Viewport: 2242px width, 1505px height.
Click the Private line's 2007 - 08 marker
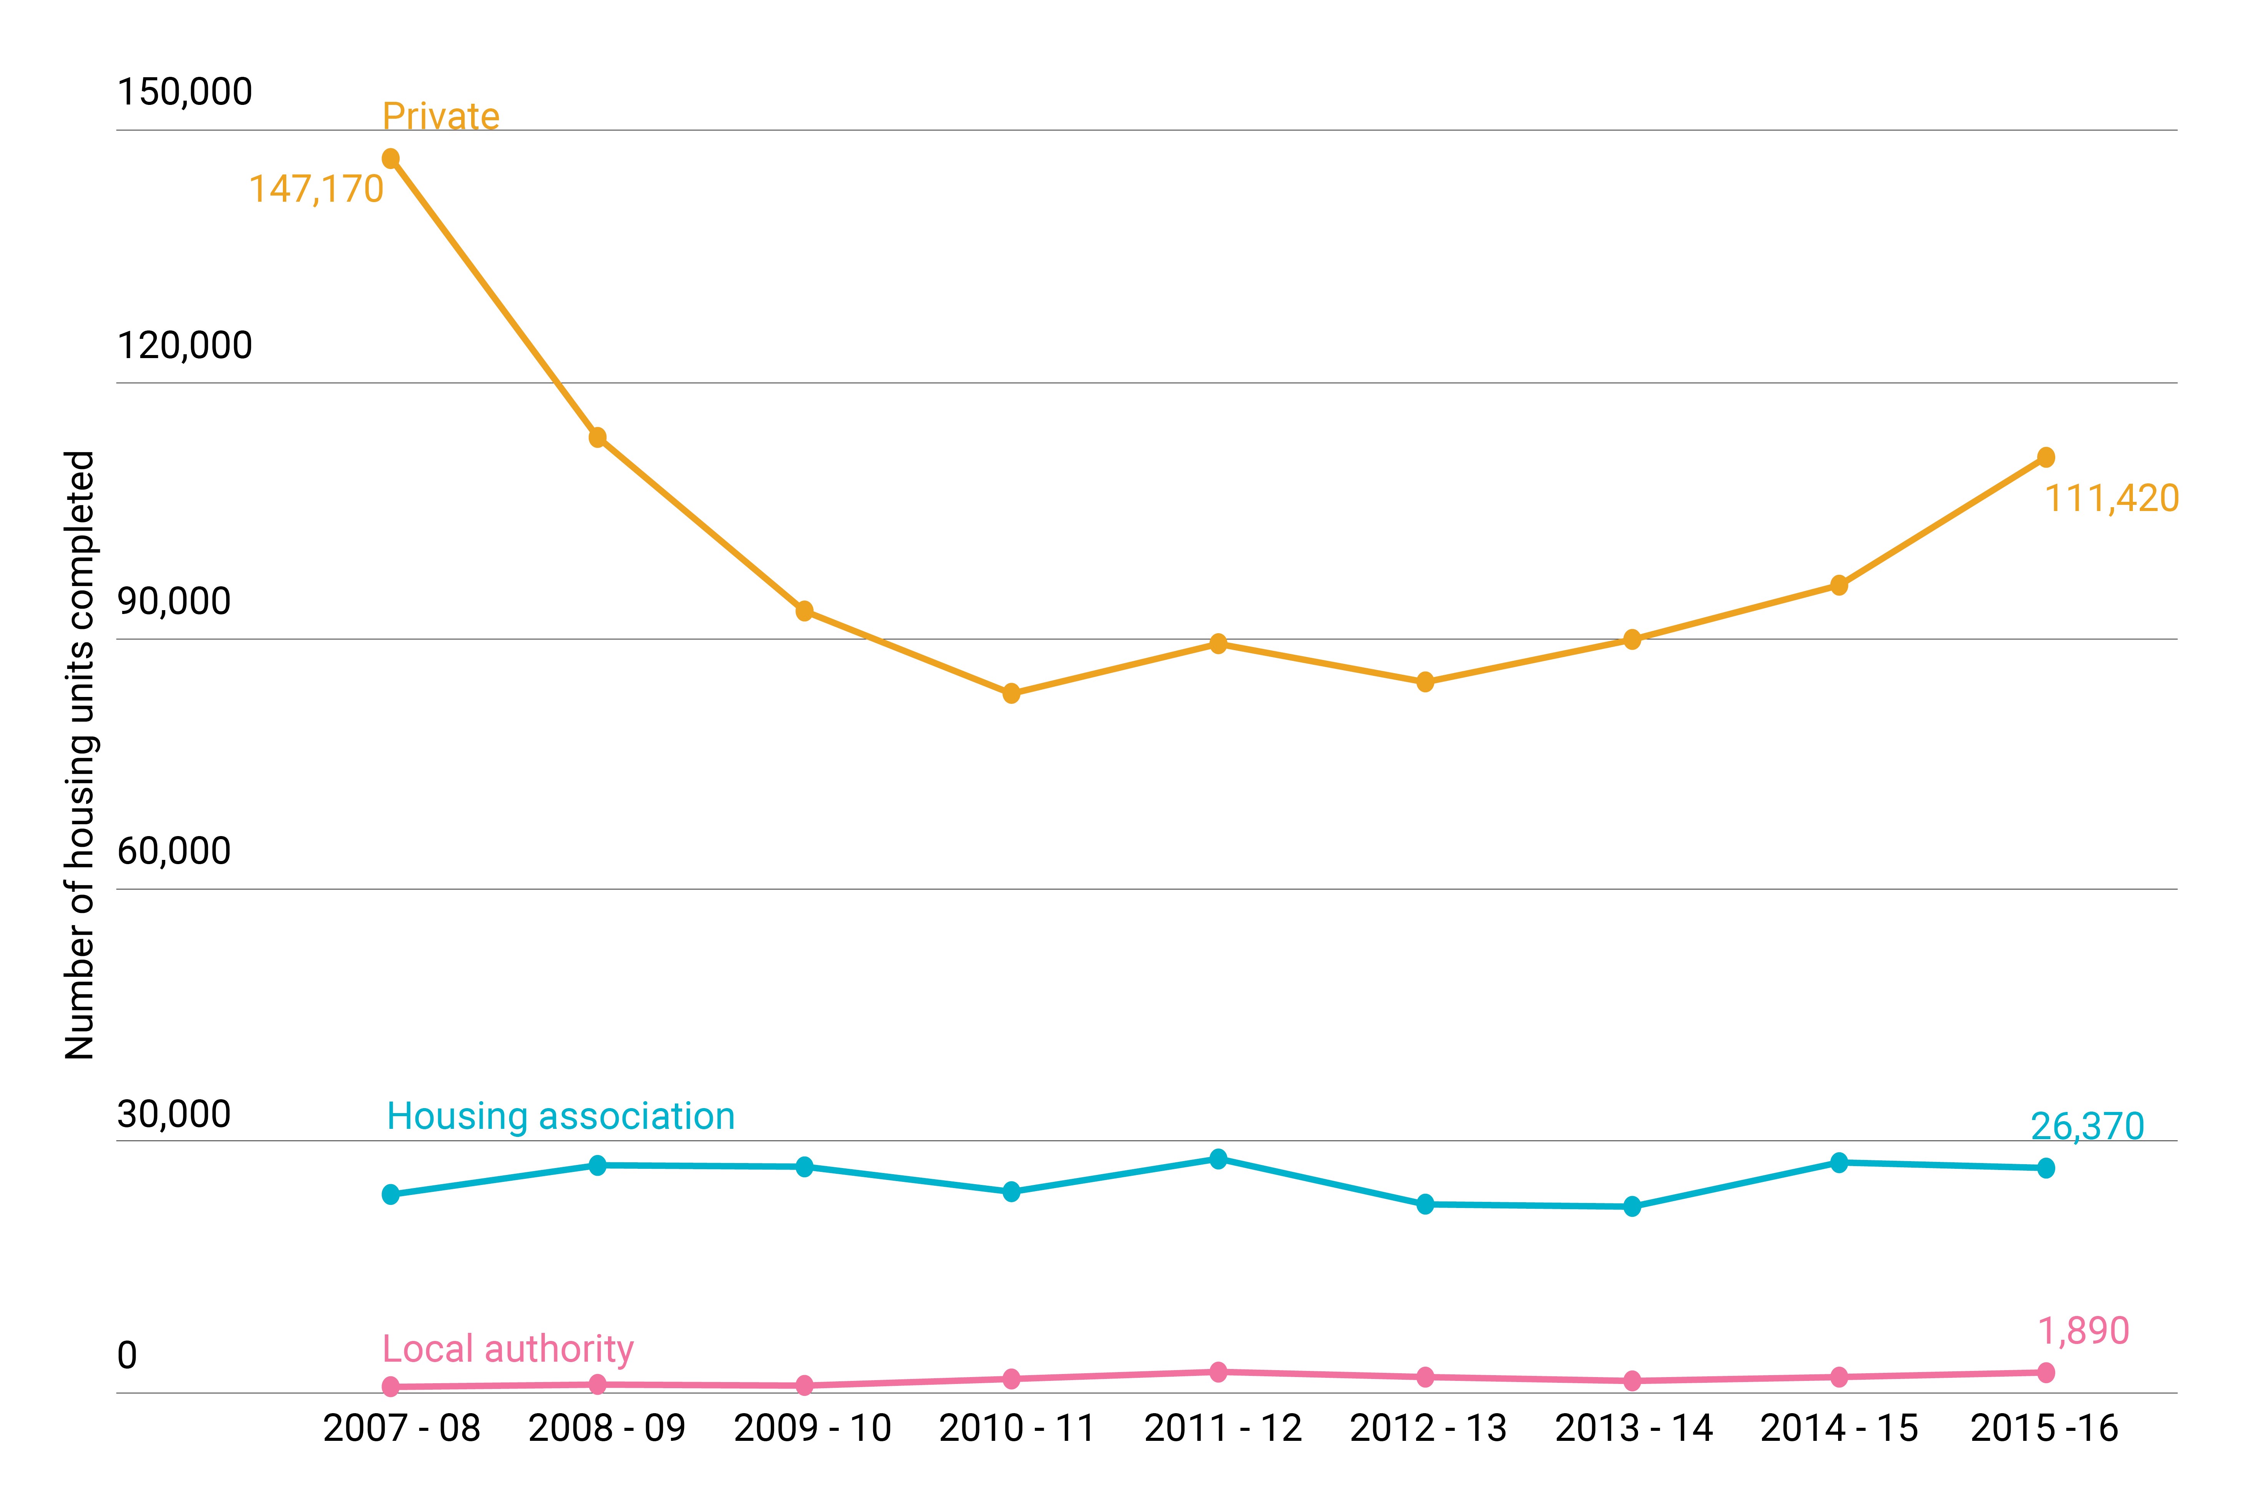(x=390, y=158)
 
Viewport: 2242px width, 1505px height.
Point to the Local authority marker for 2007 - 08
(x=390, y=1386)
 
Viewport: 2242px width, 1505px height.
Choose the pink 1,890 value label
(x=2083, y=1330)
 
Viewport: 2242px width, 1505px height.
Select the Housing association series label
(x=560, y=1116)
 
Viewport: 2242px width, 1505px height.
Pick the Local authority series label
(x=508, y=1349)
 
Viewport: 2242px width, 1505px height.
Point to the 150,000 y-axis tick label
(x=184, y=92)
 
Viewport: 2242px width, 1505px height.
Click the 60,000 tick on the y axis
(x=174, y=850)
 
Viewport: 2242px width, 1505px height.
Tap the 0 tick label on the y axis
(x=127, y=1355)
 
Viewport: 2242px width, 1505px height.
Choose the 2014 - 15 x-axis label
(x=1839, y=1428)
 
